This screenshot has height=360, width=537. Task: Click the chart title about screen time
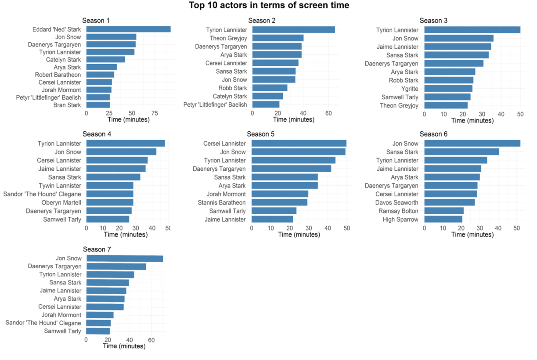[x=269, y=6]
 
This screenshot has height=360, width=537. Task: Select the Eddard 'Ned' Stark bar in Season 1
[x=128, y=29]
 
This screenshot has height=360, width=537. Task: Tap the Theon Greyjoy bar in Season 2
[x=278, y=38]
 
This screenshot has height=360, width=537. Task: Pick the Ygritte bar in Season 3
[x=448, y=89]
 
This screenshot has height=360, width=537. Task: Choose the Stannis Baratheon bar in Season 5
[x=279, y=202]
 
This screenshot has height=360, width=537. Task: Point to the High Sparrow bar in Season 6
[x=443, y=219]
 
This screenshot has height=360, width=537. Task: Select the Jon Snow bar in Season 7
[x=124, y=259]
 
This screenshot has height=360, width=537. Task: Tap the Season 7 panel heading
[x=97, y=249]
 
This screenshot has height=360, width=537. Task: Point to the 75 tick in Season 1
[x=155, y=113]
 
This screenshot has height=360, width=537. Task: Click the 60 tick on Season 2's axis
[x=329, y=113]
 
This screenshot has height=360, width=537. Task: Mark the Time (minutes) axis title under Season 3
[x=472, y=120]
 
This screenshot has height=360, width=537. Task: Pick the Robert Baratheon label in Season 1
[x=58, y=75]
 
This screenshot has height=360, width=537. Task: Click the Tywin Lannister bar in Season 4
[x=109, y=186]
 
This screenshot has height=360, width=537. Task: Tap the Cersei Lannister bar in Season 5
[x=299, y=143]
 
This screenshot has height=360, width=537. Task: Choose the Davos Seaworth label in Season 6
[x=397, y=202]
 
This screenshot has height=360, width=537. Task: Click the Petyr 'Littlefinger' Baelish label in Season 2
[x=215, y=104]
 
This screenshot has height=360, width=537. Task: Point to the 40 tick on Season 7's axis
[x=130, y=340]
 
